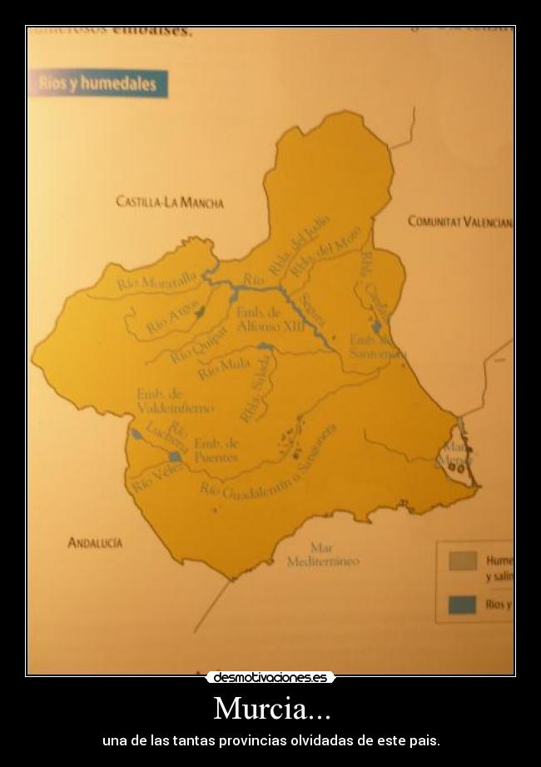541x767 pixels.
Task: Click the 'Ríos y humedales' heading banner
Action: point(98,84)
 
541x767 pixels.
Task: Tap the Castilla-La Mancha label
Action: point(170,202)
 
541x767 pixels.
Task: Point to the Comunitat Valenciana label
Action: point(459,222)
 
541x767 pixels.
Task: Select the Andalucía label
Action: point(95,543)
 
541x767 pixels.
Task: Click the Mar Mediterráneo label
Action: point(323,555)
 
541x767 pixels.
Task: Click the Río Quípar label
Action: point(198,344)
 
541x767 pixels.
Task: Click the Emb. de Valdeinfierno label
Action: point(175,401)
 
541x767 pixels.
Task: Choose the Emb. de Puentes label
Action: point(216,451)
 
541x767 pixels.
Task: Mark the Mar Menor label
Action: point(457,454)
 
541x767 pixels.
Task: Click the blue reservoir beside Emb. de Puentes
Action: point(176,456)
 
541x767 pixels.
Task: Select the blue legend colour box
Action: point(462,605)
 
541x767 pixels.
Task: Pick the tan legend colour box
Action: point(462,560)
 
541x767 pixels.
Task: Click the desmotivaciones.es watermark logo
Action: point(270,678)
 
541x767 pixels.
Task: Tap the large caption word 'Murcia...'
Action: point(271,709)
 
